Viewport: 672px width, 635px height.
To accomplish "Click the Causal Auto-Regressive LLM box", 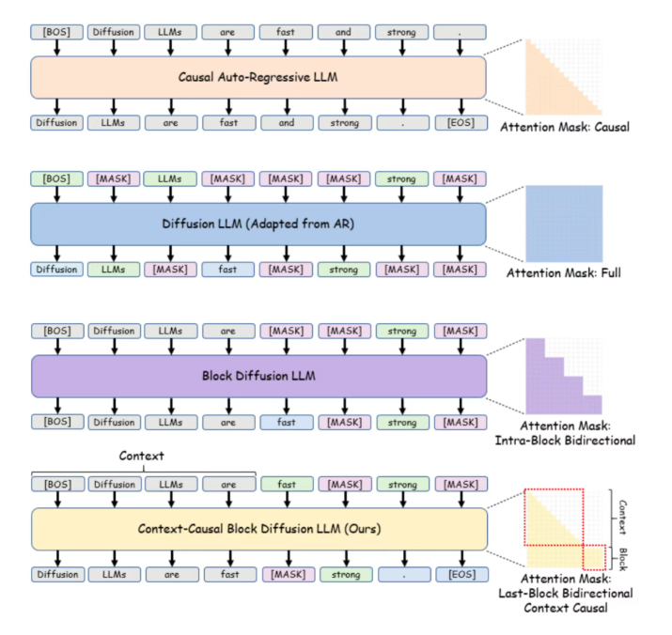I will tap(258, 77).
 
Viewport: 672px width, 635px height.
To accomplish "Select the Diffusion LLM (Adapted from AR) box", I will tap(258, 225).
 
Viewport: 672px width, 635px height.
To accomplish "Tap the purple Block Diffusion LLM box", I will tap(258, 374).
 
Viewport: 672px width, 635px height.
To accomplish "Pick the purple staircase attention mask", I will tap(555, 376).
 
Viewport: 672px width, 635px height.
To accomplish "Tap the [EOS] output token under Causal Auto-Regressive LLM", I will tap(461, 122).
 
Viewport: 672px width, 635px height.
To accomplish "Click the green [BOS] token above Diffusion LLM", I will tap(57, 179).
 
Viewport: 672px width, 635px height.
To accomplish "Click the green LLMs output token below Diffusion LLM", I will tap(115, 271).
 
